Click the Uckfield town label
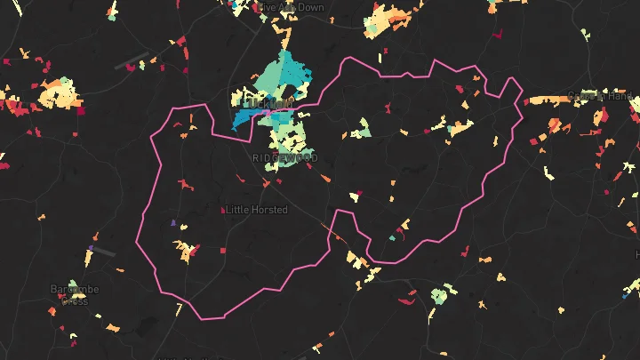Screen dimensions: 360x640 [266, 105]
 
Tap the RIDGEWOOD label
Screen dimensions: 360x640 [284, 158]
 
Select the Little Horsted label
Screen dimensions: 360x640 [257, 210]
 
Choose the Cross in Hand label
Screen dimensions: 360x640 [601, 96]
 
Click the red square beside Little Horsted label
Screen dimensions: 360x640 [222, 210]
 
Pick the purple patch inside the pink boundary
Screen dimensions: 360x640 [172, 222]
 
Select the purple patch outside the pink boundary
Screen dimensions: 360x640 [92, 247]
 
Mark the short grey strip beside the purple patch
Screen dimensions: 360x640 [105, 252]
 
